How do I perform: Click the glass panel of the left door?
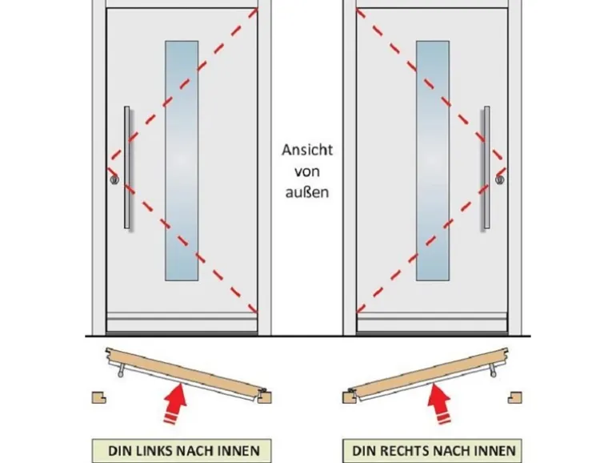pos(182,160)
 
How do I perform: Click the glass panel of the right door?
pos(433,160)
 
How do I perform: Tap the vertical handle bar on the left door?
pos(127,168)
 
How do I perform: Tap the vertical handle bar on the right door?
pos(486,168)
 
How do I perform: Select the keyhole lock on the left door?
pos(114,180)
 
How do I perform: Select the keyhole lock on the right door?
pos(499,180)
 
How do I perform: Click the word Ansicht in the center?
pos(307,150)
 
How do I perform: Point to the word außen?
pos(307,192)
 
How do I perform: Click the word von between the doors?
pos(307,171)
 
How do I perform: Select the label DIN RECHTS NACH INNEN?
pos(434,450)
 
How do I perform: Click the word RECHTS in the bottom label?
pos(412,450)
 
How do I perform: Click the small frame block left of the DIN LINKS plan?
pos(98,396)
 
